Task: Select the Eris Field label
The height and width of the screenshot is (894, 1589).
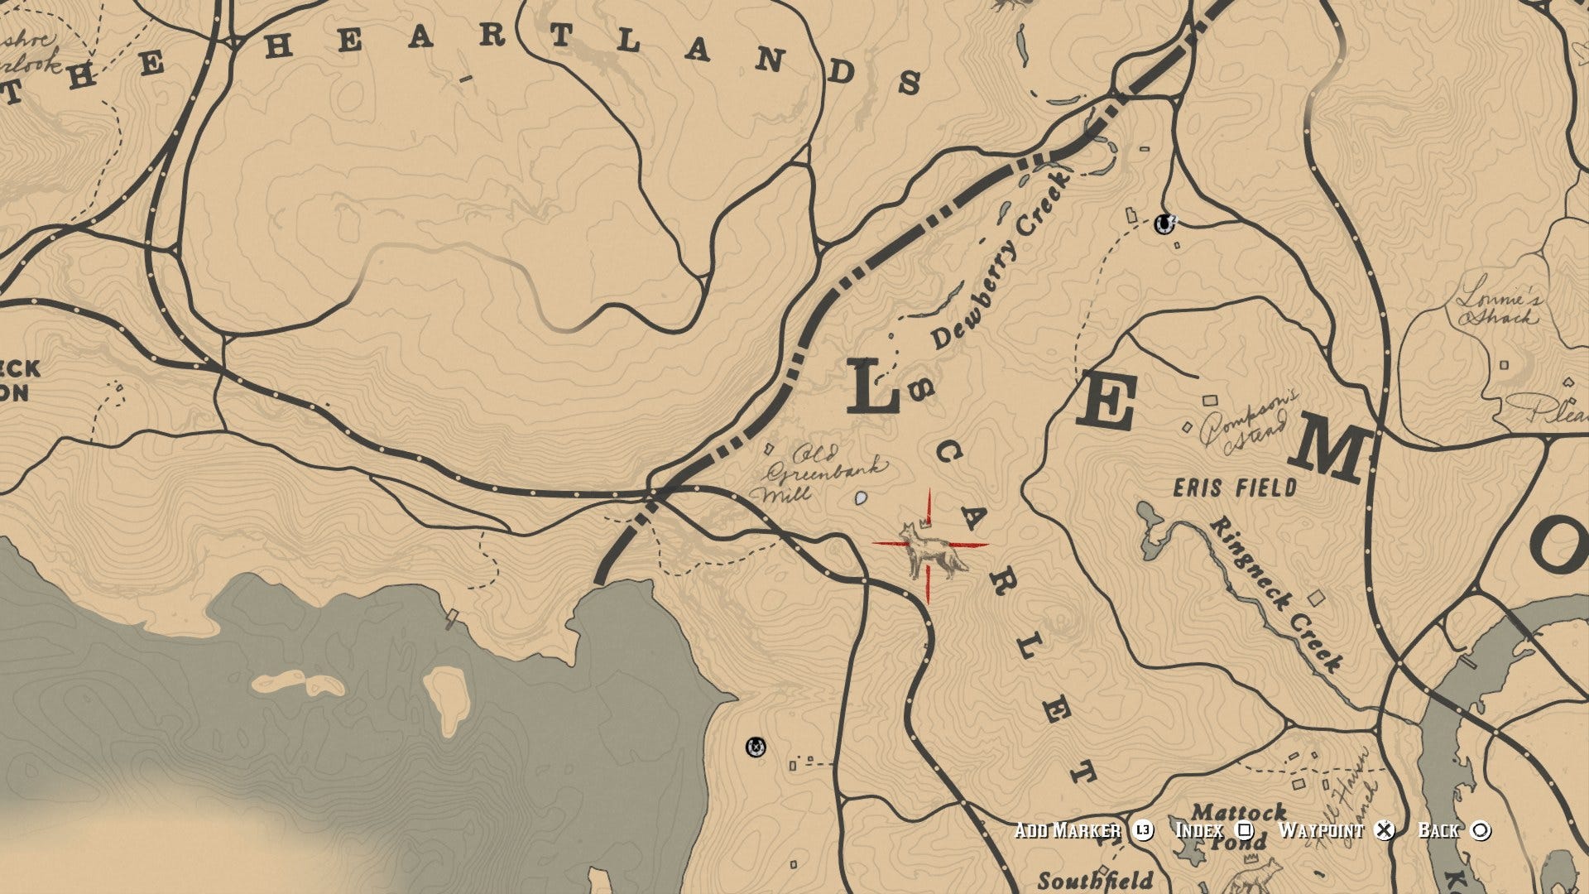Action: (1235, 488)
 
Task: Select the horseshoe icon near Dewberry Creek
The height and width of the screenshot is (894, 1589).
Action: (1165, 223)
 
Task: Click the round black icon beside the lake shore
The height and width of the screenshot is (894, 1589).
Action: (755, 747)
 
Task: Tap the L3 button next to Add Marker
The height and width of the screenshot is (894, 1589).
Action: (1143, 830)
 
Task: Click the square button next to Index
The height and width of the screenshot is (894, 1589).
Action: (1245, 830)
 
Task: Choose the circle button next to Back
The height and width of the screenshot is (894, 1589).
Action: (1481, 830)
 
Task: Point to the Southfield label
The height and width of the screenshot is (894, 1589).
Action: (1095, 879)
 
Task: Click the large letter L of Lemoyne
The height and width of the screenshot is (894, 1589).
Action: (873, 387)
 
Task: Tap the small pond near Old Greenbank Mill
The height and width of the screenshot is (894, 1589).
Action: (861, 498)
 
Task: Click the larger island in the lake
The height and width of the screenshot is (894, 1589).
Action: (448, 699)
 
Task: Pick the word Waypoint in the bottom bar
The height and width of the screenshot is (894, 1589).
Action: (1321, 830)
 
